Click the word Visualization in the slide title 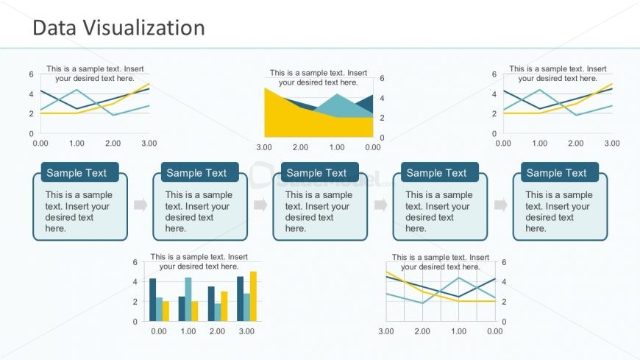[x=145, y=28]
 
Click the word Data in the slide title [x=55, y=28]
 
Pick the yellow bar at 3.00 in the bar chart [x=253, y=296]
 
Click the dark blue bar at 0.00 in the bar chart [x=153, y=300]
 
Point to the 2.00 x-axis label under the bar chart [x=217, y=332]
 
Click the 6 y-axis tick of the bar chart [x=135, y=262]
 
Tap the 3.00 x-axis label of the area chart [x=264, y=147]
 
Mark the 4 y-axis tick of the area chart [x=383, y=98]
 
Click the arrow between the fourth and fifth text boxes [x=500, y=205]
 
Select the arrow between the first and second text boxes [x=140, y=205]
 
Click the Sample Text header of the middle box [x=316, y=173]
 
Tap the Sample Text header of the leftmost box [x=77, y=173]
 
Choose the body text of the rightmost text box [x=558, y=211]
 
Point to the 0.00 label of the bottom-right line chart [x=495, y=332]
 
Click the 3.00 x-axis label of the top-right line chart [x=612, y=144]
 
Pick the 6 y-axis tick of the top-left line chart [x=31, y=74]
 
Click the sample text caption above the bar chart [x=199, y=261]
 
